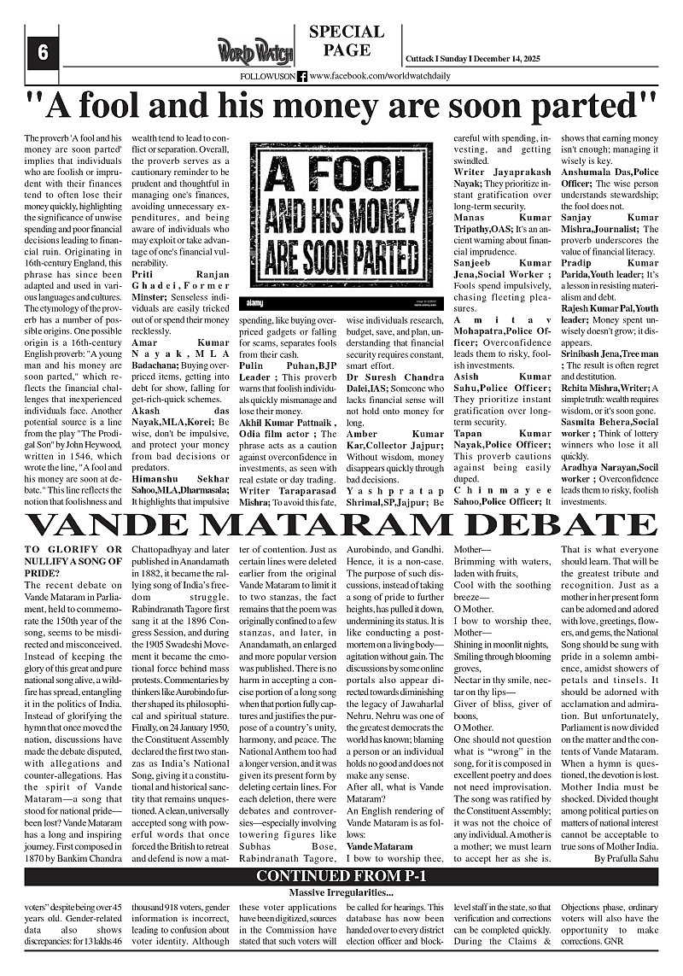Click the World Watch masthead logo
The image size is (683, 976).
255,51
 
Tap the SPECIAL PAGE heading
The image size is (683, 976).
346,41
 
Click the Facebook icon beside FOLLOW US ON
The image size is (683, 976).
302,76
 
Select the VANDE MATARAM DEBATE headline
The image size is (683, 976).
341,523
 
